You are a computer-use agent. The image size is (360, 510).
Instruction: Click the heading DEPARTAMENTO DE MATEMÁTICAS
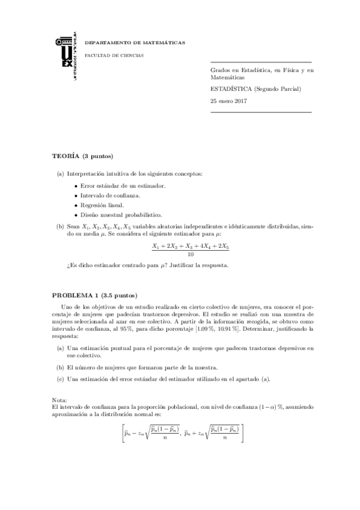(x=135, y=43)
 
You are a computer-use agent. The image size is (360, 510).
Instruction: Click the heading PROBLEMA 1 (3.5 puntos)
(x=95, y=295)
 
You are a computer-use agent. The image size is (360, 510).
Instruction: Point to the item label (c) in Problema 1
(x=60, y=378)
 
